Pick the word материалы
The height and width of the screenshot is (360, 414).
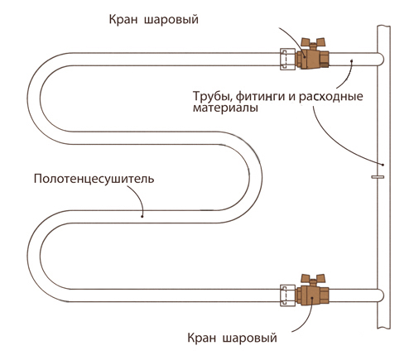[219, 108]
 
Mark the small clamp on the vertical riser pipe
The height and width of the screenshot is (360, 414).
[378, 175]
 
